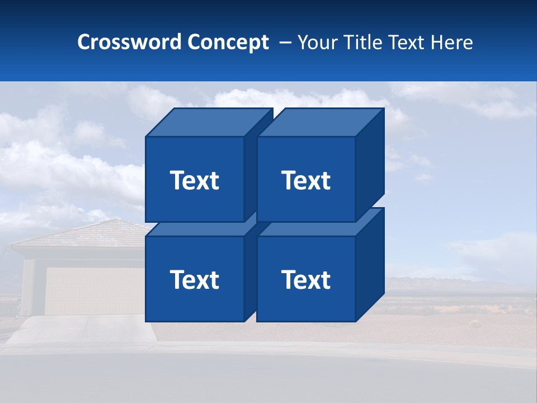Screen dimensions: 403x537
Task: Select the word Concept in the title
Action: [228, 42]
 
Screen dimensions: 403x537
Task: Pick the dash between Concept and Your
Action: [284, 43]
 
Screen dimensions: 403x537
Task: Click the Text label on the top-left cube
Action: [195, 180]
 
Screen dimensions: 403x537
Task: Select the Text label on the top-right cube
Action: [306, 180]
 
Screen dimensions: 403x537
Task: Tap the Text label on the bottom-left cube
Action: [195, 279]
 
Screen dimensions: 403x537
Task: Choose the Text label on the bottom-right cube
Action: [306, 279]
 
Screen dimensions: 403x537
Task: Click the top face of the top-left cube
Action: [209, 122]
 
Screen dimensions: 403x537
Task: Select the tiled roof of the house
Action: [84, 234]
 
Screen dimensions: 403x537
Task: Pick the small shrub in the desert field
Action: [475, 323]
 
